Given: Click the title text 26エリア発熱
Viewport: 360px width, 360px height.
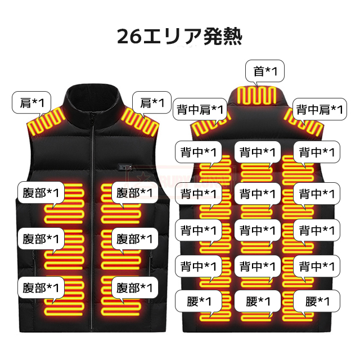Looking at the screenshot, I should point(179,37).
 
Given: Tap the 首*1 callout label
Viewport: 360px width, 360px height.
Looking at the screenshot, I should point(265,71).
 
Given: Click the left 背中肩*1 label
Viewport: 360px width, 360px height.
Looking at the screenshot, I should point(201,109).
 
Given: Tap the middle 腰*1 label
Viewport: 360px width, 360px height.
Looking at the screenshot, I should point(258,301).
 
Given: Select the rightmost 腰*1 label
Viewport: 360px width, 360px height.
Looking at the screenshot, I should point(317,301).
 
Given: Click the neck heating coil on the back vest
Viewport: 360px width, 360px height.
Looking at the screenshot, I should point(259,96).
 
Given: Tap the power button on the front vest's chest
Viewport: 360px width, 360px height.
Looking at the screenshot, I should point(115,167).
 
